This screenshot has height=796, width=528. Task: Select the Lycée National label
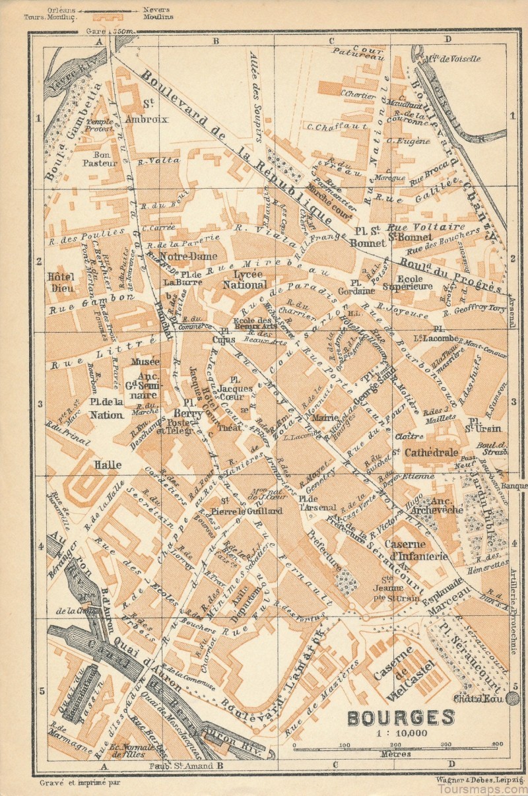[245, 279]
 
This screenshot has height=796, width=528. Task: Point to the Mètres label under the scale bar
[395, 753]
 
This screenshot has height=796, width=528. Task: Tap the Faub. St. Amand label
[185, 766]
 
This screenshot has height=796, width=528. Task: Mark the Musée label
[145, 362]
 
